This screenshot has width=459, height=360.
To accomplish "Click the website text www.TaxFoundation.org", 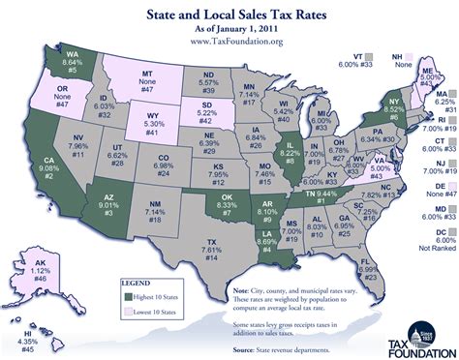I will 229,42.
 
